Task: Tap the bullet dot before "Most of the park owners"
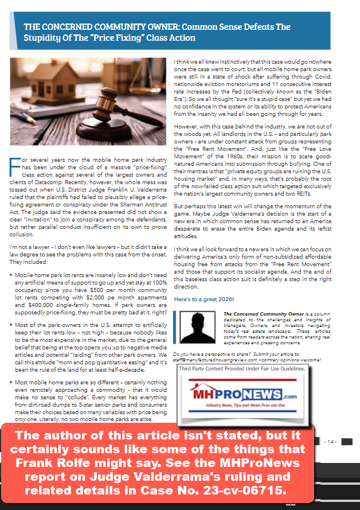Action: pos(11,324)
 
